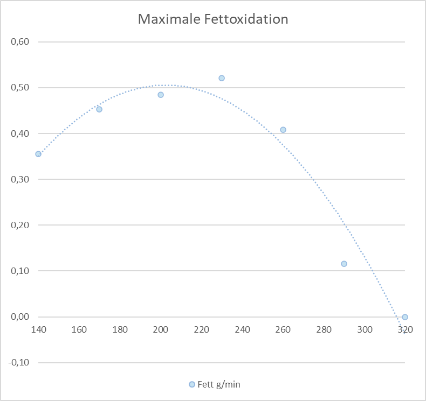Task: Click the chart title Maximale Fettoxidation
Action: point(213,19)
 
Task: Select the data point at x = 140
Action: point(38,154)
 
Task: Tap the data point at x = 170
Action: point(99,109)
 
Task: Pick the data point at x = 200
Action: point(161,95)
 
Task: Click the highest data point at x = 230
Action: point(222,78)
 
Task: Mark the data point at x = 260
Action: point(283,130)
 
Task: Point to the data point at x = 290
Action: point(344,264)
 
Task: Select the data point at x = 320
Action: point(405,317)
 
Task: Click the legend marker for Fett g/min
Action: point(192,384)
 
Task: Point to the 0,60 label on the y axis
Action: point(19,41)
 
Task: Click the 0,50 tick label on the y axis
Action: point(19,87)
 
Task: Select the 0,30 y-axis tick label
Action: point(19,179)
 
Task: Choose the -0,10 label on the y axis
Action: point(18,362)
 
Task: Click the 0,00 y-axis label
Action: point(19,316)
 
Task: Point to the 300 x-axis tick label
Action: point(365,329)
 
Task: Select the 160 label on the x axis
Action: point(79,329)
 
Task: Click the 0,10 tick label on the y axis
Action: point(19,271)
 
